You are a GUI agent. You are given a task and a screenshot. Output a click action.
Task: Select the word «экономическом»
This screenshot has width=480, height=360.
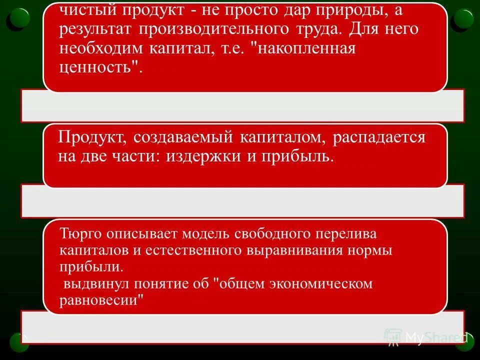coord(321,284)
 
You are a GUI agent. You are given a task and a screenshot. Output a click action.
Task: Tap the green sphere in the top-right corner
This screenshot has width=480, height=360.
coord(462,18)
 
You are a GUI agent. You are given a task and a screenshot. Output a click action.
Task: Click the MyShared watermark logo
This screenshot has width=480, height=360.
coord(425,338)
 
